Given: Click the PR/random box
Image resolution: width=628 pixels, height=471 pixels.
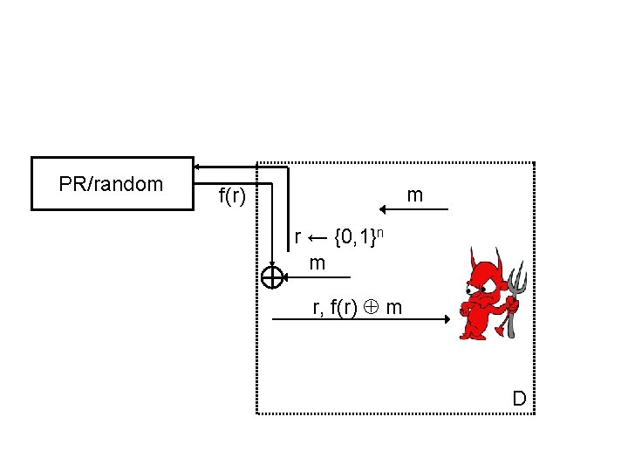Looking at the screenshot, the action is (x=112, y=184).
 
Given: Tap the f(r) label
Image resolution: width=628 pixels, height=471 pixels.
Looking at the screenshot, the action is (x=231, y=197).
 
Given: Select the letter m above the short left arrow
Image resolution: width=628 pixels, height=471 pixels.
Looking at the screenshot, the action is (x=415, y=195).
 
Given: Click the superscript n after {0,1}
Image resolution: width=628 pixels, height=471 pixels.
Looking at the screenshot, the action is (x=394, y=232).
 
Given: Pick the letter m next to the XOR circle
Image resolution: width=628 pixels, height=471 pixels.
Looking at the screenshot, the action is (x=317, y=263).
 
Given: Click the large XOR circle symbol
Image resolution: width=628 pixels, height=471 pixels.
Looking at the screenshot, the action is (x=272, y=276).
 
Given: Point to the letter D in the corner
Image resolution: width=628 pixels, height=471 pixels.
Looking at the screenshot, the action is (x=519, y=399).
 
